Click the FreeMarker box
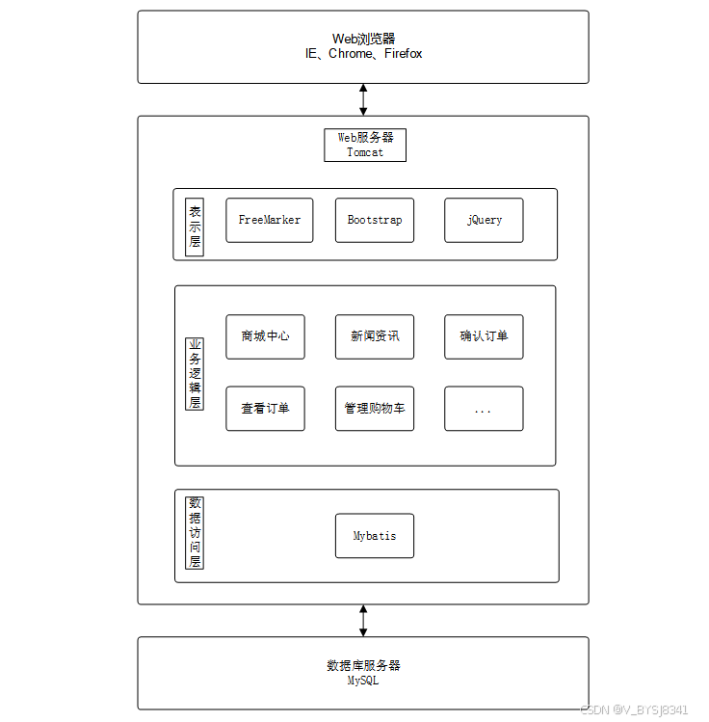[269, 220]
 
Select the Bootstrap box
[375, 220]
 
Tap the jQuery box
[484, 220]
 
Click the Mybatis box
[375, 535]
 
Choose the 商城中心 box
[265, 336]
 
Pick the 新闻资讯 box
[375, 336]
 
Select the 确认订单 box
[484, 336]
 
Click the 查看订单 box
[265, 409]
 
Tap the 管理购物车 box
[375, 409]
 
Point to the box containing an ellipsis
[484, 409]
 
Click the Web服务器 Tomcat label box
[365, 145]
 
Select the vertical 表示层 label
[195, 226]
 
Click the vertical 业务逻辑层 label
[195, 374]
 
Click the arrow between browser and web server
[363, 99]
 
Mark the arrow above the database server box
[363, 621]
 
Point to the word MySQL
[363, 680]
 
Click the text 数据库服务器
[363, 665]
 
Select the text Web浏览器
[363, 39]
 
